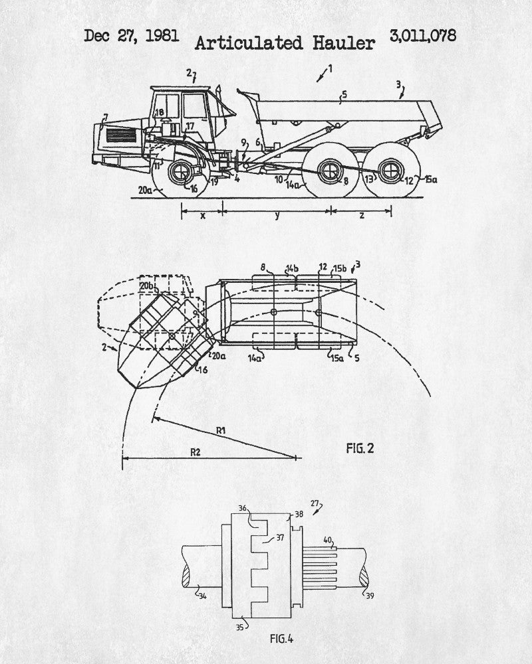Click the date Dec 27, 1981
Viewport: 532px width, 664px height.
click(131, 36)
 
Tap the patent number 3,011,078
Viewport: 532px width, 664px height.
click(423, 36)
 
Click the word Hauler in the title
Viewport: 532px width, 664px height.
click(344, 43)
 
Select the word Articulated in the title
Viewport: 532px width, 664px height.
click(249, 43)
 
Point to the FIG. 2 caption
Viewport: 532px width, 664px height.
click(360, 448)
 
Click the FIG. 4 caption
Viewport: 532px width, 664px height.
click(282, 638)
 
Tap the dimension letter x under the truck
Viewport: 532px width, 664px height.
click(203, 216)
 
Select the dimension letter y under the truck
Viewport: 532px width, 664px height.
click(277, 216)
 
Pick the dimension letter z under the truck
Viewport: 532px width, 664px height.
click(362, 216)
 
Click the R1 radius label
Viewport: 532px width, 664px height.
click(221, 431)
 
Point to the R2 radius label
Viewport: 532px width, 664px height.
click(195, 452)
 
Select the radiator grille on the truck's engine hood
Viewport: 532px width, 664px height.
click(122, 135)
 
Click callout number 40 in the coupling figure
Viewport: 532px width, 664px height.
click(328, 540)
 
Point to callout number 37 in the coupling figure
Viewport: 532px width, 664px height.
click(280, 537)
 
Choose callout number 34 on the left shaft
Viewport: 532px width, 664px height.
click(203, 596)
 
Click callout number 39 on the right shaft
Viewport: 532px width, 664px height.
click(370, 596)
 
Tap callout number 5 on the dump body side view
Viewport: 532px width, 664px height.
click(344, 94)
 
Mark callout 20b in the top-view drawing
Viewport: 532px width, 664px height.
click(147, 286)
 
